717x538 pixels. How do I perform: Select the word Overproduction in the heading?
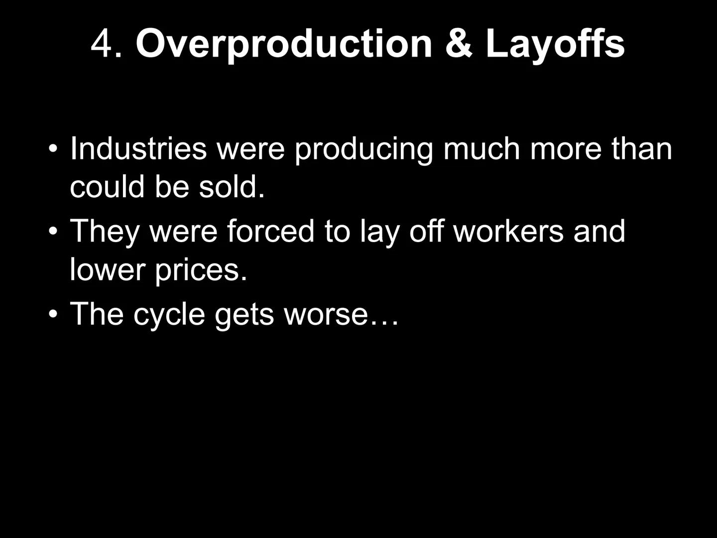click(284, 45)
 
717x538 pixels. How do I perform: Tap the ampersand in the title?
click(459, 43)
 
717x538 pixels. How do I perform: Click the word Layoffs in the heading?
click(555, 45)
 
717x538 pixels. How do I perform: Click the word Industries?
click(138, 148)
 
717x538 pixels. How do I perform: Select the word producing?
click(363, 151)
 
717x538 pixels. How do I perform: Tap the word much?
click(481, 148)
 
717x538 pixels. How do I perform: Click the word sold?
click(232, 186)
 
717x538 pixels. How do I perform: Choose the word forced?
click(270, 231)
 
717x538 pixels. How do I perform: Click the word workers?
click(508, 231)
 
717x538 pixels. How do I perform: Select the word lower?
click(108, 269)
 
